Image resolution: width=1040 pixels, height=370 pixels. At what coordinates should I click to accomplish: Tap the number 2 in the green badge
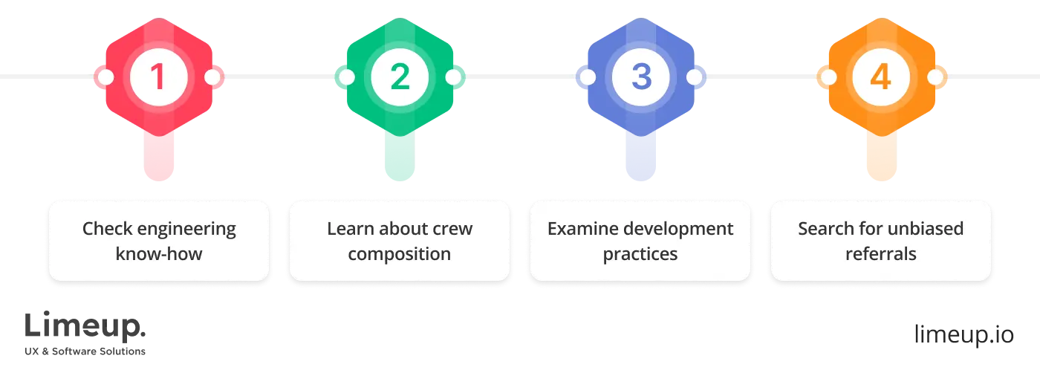(x=400, y=77)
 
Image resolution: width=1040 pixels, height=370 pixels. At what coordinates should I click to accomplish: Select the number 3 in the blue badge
(x=640, y=77)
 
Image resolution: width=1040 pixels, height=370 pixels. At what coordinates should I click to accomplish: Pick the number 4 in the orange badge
(x=880, y=77)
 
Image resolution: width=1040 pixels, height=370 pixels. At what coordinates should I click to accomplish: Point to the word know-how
(x=159, y=254)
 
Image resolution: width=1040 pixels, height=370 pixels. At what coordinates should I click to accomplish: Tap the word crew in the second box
(x=453, y=228)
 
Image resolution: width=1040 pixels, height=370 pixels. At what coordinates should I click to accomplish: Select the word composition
(x=399, y=254)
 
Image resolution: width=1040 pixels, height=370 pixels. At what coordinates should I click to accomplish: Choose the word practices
(x=640, y=254)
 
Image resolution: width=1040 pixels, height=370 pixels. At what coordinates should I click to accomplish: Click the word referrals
(x=880, y=254)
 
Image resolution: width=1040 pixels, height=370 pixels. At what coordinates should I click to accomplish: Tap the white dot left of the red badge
(x=105, y=77)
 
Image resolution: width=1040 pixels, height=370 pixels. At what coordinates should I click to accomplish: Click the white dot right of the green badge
(x=452, y=77)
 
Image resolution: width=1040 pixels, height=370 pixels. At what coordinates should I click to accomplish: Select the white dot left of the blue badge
(x=587, y=77)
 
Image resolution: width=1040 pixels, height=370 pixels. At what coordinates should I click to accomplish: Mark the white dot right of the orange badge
(x=934, y=77)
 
